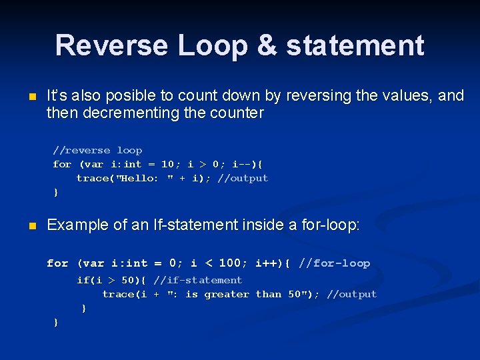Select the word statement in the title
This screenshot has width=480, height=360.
coord(355,45)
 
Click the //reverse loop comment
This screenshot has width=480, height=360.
coord(97,150)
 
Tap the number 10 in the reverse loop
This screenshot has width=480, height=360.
coord(167,164)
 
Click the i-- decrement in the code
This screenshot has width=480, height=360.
coord(243,164)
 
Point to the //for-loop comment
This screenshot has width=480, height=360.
coord(334,263)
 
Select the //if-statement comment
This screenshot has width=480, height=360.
coord(197,280)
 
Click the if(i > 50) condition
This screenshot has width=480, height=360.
coord(111,280)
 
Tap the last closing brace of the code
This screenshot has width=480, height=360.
coord(56,323)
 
